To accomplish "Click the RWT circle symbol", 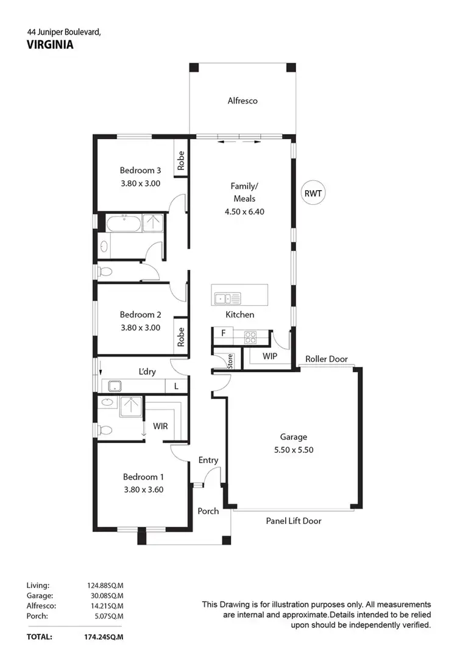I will (x=314, y=194).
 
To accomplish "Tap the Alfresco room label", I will (x=243, y=101).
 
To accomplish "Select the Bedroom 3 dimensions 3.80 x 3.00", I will (x=140, y=182).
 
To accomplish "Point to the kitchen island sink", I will (x=227, y=298).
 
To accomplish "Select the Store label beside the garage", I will (x=230, y=362).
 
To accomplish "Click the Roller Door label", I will (x=327, y=359).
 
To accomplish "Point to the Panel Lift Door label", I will (x=293, y=521).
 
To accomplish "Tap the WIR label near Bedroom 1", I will (x=160, y=427).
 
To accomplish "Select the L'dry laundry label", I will (x=149, y=371).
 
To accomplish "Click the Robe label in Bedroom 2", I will (x=180, y=336).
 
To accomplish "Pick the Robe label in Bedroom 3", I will (x=180, y=160).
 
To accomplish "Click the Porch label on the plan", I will (x=208, y=511).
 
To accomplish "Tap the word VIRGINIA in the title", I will (x=50, y=44).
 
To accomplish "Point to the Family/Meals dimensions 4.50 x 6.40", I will (x=243, y=211).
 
